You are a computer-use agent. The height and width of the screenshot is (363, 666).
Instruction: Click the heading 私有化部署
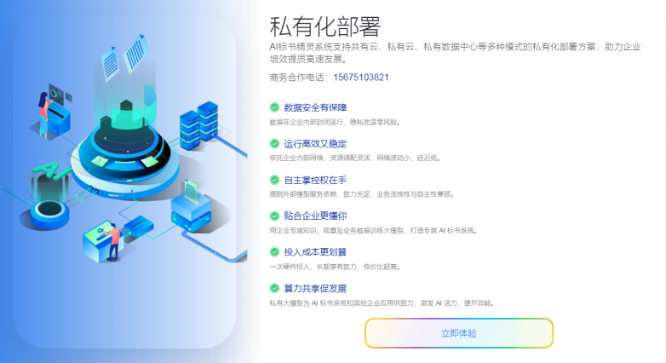coord(324,26)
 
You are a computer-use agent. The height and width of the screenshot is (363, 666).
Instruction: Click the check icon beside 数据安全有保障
coord(274,108)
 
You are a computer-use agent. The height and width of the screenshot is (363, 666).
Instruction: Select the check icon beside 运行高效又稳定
coord(274,144)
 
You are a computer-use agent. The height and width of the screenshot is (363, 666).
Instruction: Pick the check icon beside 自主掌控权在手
coord(274,181)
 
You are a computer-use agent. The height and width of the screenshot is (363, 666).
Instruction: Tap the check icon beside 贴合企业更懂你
coord(274,216)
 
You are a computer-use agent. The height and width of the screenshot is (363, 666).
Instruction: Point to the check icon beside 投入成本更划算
coord(274,252)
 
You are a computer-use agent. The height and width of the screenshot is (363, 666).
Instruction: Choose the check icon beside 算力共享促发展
coord(274,289)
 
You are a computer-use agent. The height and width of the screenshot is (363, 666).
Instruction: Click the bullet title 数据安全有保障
coord(315,108)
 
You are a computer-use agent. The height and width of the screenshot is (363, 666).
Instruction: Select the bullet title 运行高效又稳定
coord(315,144)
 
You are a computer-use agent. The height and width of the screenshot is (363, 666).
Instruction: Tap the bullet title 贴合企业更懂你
coord(315,216)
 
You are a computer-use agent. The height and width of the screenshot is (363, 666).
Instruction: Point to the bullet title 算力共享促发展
coord(315,289)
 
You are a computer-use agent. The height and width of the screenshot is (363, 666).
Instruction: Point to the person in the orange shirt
coord(113,241)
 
